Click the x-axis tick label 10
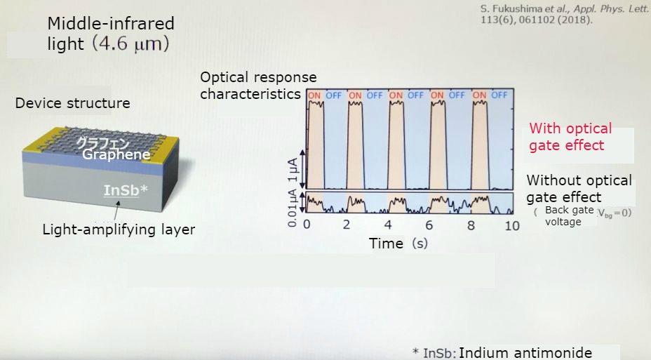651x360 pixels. [511, 225]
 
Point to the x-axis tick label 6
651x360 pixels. [429, 225]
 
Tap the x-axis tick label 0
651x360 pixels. [307, 225]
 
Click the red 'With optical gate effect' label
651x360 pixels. [570, 137]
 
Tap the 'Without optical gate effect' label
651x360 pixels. [579, 188]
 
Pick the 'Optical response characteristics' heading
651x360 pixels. [258, 85]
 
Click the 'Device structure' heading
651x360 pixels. [73, 103]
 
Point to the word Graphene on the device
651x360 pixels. [116, 154]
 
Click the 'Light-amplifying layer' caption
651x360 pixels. [119, 229]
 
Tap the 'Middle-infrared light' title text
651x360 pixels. [110, 34]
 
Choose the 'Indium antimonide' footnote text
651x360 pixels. [525, 353]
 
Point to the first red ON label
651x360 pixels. [315, 95]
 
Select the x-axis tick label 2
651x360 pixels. [347, 225]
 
